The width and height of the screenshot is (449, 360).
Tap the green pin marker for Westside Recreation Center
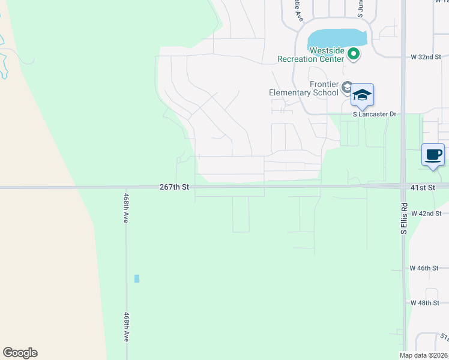coord(354,55)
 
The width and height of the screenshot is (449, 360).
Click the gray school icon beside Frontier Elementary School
coord(346,88)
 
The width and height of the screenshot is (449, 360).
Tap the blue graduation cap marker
coord(362,95)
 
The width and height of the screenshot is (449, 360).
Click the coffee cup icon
coord(433,155)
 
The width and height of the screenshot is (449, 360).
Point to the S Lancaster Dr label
coord(375,114)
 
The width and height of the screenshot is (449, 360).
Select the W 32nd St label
coord(426,56)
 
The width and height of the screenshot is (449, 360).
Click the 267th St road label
coord(175,187)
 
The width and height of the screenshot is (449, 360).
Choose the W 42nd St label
coord(426,213)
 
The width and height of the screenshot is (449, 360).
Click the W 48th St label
coord(425,303)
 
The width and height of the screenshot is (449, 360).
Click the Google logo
coord(20,353)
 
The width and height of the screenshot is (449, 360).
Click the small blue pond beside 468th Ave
coord(137,278)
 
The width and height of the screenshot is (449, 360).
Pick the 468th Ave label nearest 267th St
coord(126,208)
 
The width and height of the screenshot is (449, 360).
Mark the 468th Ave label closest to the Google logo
coord(126,327)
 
